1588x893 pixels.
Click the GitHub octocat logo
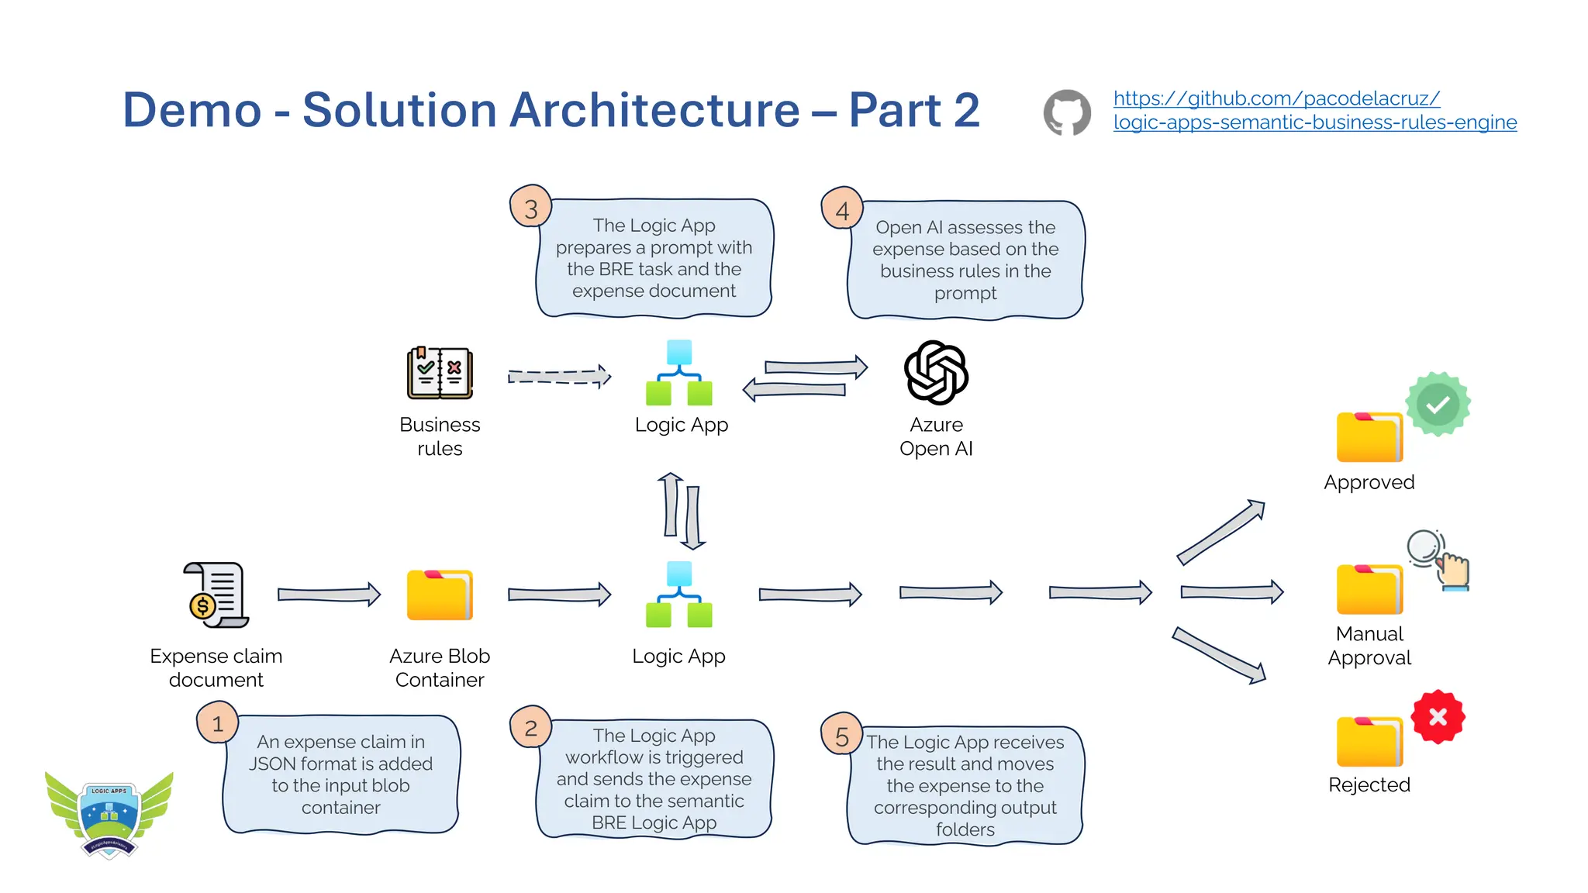[x=1067, y=112]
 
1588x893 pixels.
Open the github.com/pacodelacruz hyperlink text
[x=1276, y=98]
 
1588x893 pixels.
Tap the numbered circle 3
[x=530, y=208]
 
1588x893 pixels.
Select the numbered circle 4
[x=842, y=209]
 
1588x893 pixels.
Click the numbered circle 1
[x=217, y=722]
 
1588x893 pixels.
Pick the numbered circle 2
[x=530, y=727]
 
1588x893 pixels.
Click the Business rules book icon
[x=440, y=373]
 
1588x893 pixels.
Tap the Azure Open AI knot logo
[x=936, y=373]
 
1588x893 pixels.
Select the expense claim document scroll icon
[x=216, y=595]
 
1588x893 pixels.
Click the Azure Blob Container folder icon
[x=440, y=595]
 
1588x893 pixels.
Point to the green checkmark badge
[x=1438, y=404]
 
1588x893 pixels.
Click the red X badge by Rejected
[x=1438, y=717]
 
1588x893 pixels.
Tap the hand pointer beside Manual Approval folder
[x=1452, y=572]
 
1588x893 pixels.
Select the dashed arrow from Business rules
[x=559, y=376]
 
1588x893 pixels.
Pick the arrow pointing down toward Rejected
[x=1219, y=655]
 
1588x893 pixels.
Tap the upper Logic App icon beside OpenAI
[x=679, y=373]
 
